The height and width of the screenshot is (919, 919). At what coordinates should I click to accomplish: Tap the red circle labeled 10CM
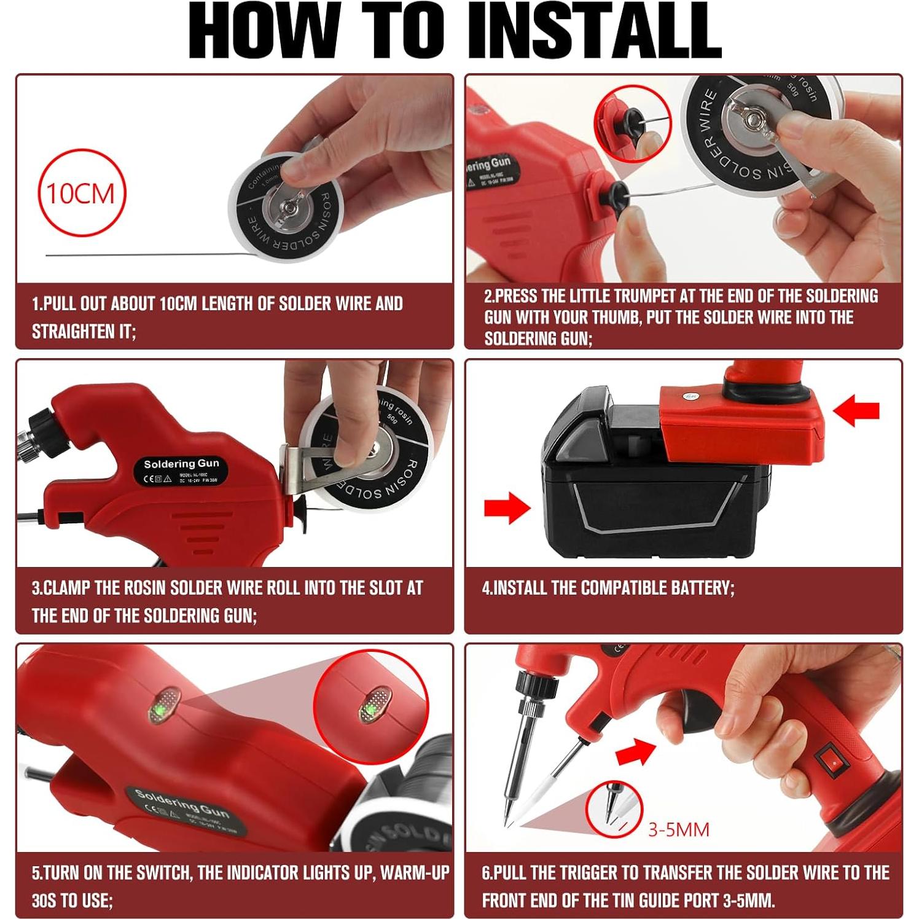[81, 193]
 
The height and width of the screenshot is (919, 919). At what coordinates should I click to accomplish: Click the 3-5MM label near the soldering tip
[678, 829]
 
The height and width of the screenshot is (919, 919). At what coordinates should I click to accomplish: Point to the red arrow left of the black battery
[507, 507]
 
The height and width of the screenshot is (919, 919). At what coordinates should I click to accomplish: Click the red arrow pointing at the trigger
[635, 751]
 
